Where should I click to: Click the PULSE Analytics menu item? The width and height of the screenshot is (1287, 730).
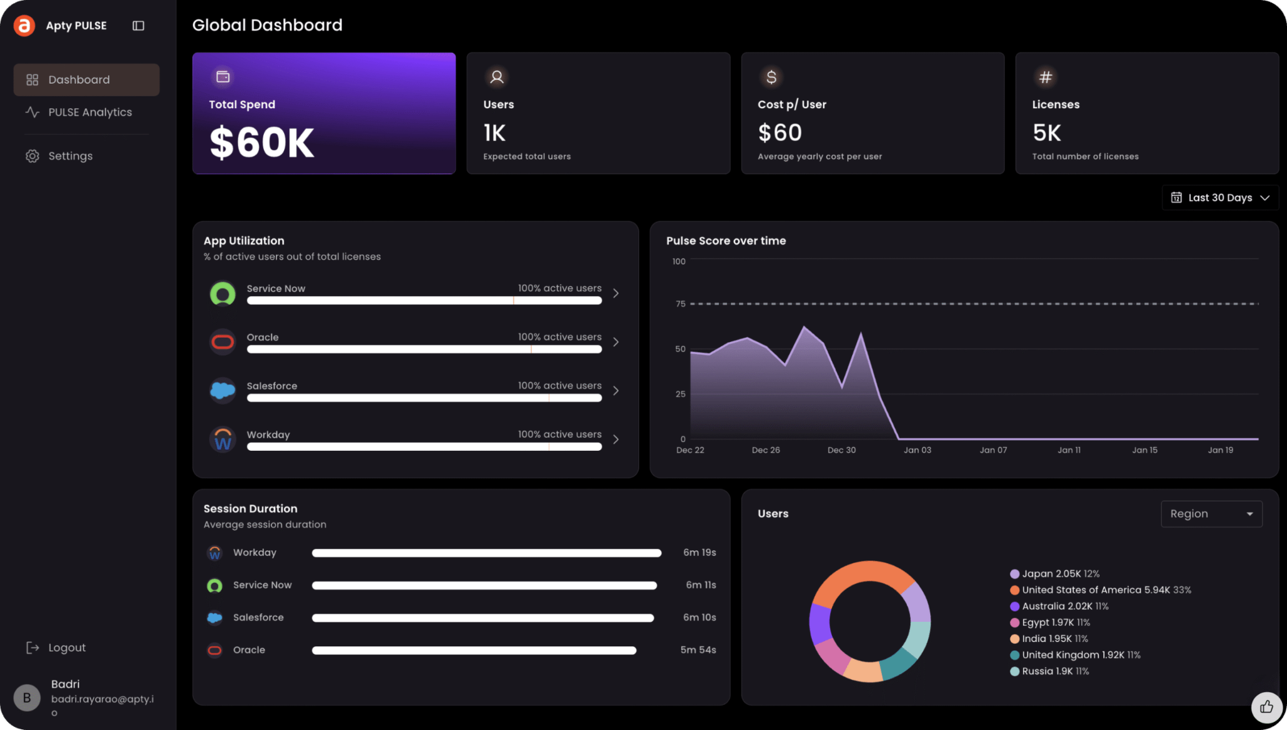pyautogui.click(x=79, y=112)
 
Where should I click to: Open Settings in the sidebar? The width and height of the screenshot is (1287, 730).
pyautogui.click(x=59, y=156)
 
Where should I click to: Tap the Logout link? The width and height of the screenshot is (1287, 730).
pyautogui.click(x=55, y=648)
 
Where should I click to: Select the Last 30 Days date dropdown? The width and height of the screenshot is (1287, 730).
pyautogui.click(x=1220, y=197)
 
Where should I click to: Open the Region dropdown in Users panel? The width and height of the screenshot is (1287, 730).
pyautogui.click(x=1211, y=514)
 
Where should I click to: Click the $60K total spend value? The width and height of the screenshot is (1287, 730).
pyautogui.click(x=261, y=143)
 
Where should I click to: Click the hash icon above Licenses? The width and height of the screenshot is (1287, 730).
pyautogui.click(x=1045, y=77)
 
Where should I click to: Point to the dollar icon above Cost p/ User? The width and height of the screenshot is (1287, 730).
pyautogui.click(x=771, y=77)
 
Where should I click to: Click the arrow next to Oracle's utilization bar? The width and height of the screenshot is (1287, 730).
pyautogui.click(x=616, y=342)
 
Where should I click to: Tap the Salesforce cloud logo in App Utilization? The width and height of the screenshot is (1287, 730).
pyautogui.click(x=222, y=390)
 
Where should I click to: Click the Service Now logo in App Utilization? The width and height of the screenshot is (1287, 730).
pyautogui.click(x=222, y=294)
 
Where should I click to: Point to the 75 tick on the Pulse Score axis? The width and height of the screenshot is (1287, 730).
pyautogui.click(x=681, y=304)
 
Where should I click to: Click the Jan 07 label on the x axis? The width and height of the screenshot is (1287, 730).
pyautogui.click(x=993, y=450)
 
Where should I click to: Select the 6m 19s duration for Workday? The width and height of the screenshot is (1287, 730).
pyautogui.click(x=699, y=553)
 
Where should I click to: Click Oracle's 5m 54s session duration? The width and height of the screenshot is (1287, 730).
pyautogui.click(x=698, y=650)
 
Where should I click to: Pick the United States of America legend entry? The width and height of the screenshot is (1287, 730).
pyautogui.click(x=1100, y=590)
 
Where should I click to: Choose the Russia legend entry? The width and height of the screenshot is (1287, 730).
pyautogui.click(x=1049, y=671)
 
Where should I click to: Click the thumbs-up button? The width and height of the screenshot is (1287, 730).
pyautogui.click(x=1266, y=707)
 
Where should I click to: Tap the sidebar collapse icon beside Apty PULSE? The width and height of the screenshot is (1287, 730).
pyautogui.click(x=138, y=26)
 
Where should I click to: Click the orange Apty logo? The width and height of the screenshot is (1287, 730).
pyautogui.click(x=25, y=26)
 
